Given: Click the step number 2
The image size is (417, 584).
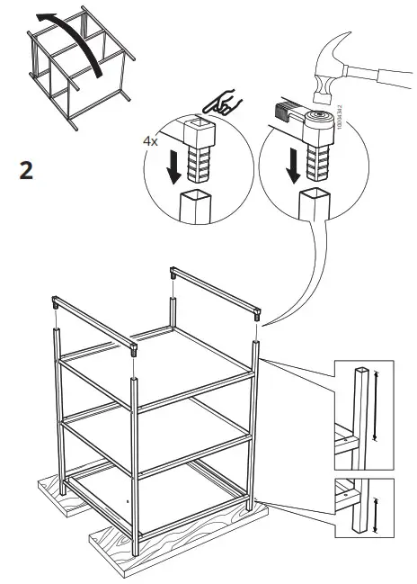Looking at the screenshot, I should point(27,169).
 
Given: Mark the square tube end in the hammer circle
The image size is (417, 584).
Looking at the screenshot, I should point(311,205).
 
